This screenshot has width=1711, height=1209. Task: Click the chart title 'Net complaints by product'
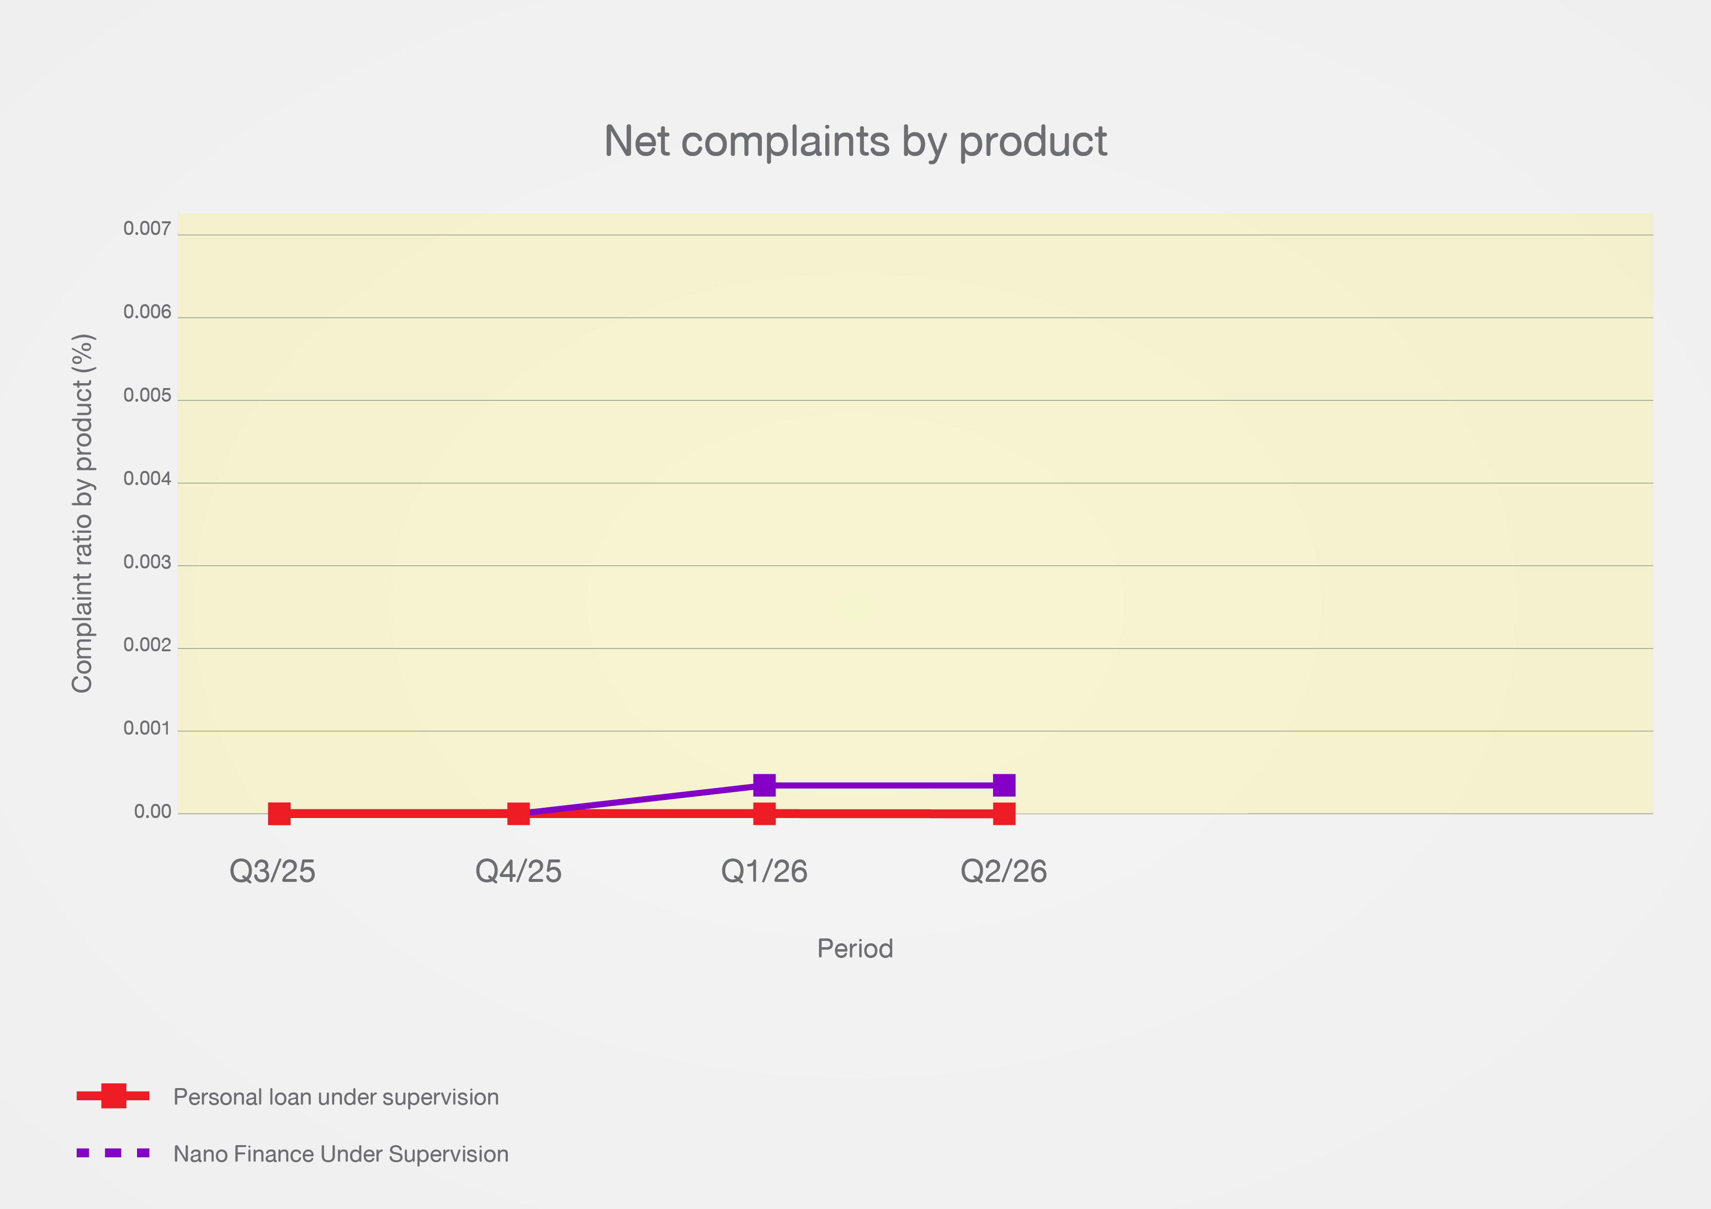(855, 141)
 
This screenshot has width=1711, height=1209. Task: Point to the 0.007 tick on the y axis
(148, 229)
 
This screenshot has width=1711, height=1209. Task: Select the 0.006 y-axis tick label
(148, 312)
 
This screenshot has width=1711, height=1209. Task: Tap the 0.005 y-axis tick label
(148, 395)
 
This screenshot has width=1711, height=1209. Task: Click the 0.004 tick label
(148, 479)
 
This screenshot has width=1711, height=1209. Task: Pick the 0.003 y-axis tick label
(148, 563)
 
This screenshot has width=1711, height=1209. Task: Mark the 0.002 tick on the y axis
(148, 645)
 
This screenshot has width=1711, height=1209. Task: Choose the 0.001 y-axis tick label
(148, 728)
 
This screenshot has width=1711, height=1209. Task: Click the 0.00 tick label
(153, 812)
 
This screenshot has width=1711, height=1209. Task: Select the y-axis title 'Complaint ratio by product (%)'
(83, 513)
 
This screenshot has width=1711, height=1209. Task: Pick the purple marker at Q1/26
(765, 785)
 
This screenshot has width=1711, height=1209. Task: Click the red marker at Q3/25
(279, 814)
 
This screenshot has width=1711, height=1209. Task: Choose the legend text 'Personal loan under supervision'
(336, 1097)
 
